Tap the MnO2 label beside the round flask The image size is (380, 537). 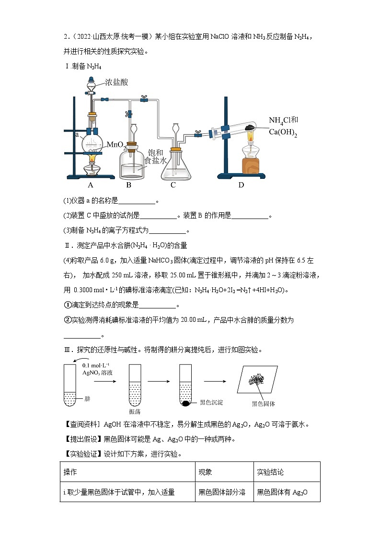(116, 144)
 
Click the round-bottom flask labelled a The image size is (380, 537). (92, 142)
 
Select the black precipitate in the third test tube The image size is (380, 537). (185, 404)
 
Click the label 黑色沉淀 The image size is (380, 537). (211, 403)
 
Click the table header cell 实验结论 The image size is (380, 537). (270, 472)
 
